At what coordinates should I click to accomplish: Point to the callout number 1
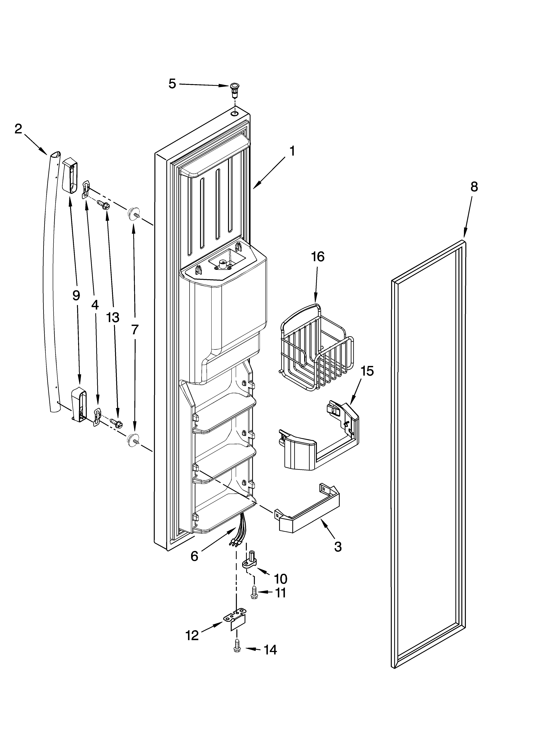point(292,151)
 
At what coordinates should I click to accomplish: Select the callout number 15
point(367,371)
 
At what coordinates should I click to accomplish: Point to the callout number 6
point(194,556)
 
